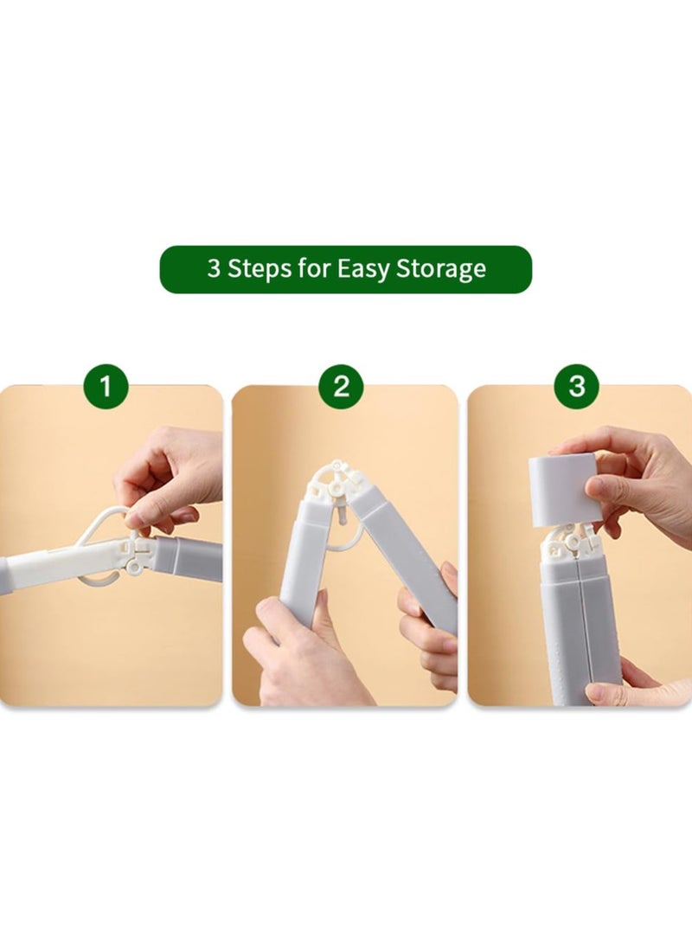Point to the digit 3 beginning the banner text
point(214,269)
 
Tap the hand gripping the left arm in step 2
point(298,653)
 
